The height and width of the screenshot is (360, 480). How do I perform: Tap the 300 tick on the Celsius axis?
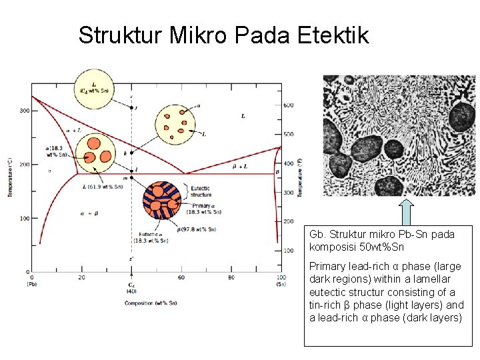(24, 111)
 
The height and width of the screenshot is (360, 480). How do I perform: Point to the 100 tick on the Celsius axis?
(24, 219)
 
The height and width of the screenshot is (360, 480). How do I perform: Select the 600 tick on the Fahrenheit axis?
(289, 105)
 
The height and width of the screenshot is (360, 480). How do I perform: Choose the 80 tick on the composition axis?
(231, 277)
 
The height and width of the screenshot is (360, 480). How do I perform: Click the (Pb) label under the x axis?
(32, 284)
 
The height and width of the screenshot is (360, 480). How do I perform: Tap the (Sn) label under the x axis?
(281, 284)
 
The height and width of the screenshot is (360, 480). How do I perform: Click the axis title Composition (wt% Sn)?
(151, 303)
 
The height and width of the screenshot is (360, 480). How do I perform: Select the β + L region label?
(240, 165)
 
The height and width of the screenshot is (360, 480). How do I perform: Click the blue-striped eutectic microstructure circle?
(162, 201)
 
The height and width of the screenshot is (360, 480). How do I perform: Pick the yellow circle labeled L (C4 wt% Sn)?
(94, 88)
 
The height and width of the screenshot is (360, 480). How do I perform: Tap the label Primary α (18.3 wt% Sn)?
(201, 208)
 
